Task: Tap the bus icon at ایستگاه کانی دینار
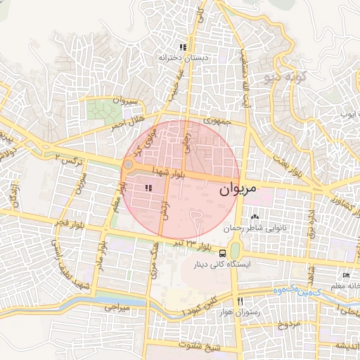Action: (223, 253)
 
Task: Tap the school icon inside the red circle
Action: (148, 188)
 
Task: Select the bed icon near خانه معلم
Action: (345, 274)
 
